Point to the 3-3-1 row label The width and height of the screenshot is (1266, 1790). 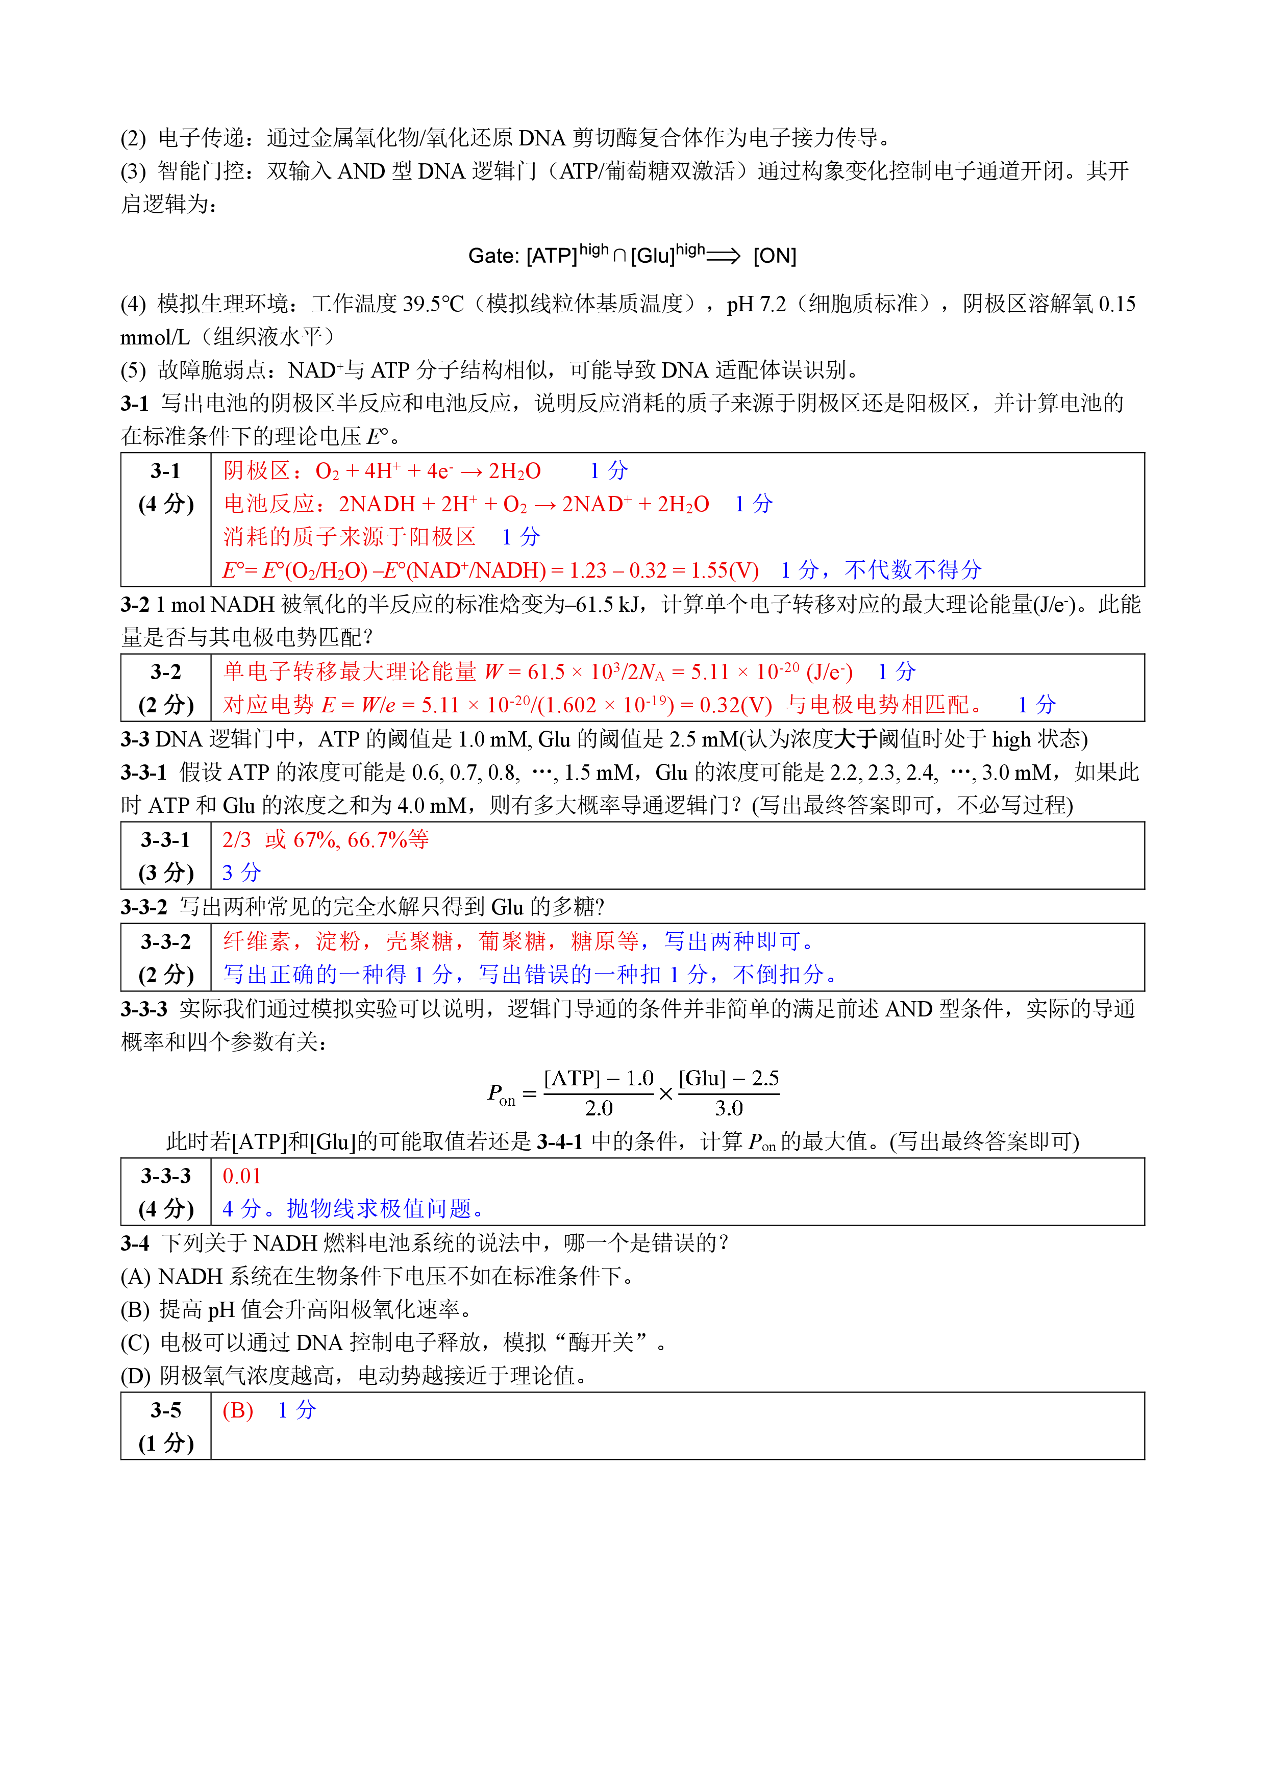(x=165, y=840)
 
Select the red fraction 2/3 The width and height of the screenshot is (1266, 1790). (x=236, y=840)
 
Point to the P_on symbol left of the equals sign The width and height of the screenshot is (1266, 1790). (x=501, y=1094)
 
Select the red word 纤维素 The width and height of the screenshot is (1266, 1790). (x=257, y=942)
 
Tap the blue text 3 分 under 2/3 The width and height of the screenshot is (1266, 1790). (x=241, y=873)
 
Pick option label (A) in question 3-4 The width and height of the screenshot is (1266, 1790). (x=135, y=1276)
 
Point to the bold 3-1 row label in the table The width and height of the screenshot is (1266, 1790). (x=165, y=471)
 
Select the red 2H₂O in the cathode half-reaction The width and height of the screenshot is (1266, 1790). (x=514, y=471)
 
